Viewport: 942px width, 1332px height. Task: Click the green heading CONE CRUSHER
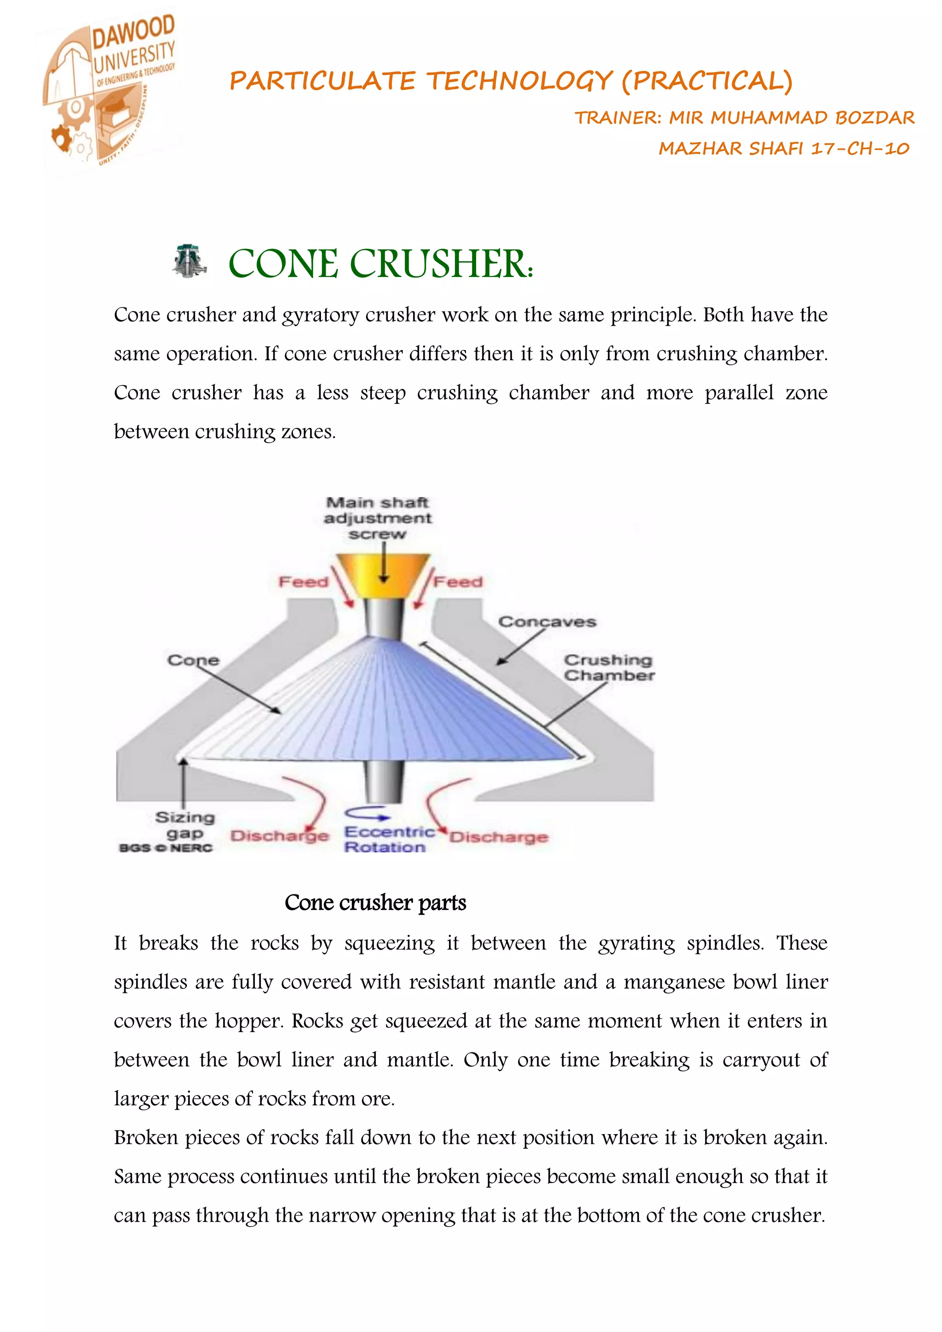380,264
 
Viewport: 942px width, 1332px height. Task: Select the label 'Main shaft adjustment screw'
378,518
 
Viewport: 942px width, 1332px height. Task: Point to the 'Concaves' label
547,622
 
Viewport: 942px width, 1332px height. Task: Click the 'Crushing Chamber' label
609,668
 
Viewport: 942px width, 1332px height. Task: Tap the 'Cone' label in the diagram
193,660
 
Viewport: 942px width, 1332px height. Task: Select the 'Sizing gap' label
185,825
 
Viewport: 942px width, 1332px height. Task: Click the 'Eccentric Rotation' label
388,840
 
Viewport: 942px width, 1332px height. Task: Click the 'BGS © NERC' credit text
166,848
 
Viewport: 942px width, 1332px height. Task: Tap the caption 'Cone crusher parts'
375,903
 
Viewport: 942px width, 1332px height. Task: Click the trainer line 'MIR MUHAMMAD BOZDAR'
792,118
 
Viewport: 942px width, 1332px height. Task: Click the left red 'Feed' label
304,582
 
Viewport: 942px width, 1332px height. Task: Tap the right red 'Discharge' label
499,837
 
